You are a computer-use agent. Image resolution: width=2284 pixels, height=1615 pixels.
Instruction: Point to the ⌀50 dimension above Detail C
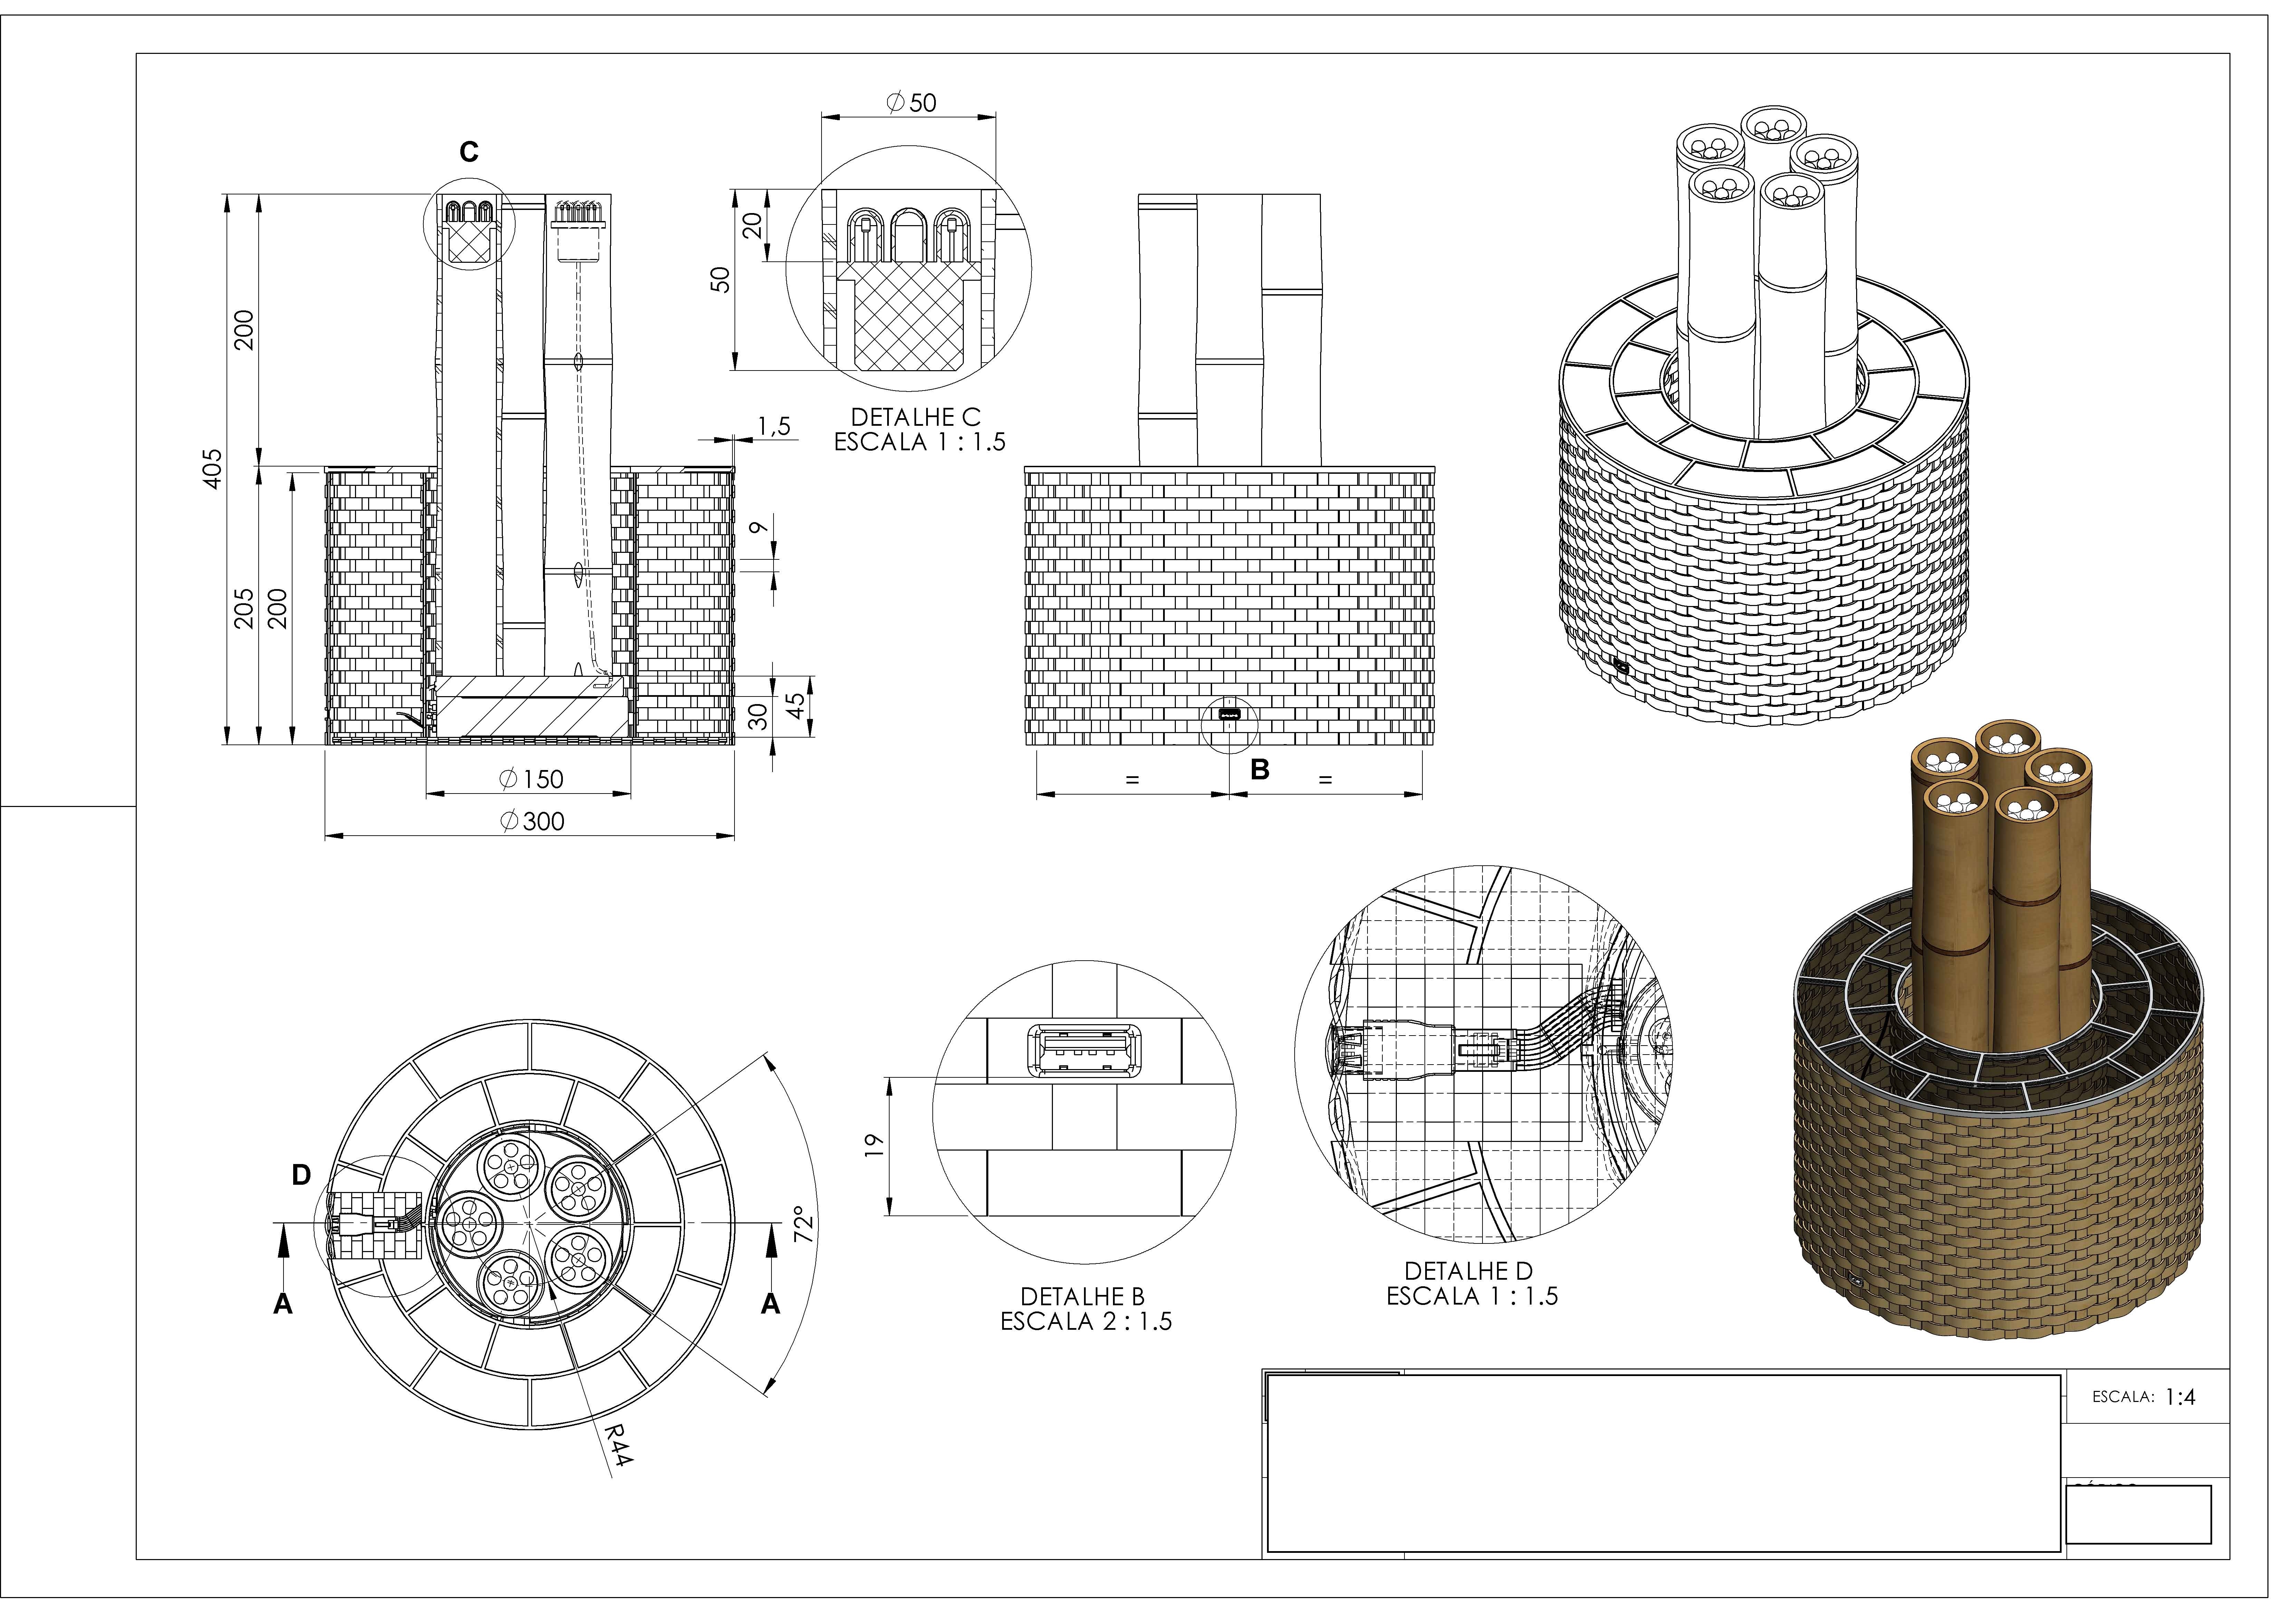[911, 103]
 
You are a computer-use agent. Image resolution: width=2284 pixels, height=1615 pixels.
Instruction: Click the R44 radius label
[620, 1444]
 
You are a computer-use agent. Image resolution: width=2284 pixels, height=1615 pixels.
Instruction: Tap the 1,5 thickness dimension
[774, 426]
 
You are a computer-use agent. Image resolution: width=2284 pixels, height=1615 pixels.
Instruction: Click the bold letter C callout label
[469, 152]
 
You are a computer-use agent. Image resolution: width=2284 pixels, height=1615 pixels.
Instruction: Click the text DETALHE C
[915, 418]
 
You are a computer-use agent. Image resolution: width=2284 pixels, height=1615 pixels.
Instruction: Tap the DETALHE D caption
[1468, 1271]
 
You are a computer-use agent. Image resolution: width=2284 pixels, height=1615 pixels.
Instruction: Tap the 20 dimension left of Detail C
[753, 226]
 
